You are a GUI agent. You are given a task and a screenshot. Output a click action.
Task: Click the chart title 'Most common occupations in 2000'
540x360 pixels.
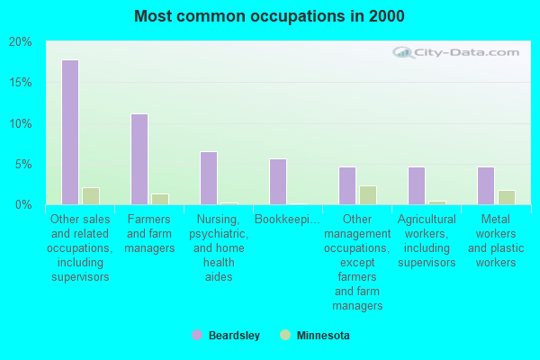(269, 16)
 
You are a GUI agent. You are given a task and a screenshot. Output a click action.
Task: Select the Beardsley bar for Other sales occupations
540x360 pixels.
(70, 132)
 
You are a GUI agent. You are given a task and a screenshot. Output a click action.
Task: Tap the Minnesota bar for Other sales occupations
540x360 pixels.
(91, 196)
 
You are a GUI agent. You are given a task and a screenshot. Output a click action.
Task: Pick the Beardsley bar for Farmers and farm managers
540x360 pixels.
(139, 159)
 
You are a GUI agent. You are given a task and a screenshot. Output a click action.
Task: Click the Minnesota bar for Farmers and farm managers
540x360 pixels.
(160, 199)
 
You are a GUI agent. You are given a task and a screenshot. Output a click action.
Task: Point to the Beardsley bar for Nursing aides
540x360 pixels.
(209, 178)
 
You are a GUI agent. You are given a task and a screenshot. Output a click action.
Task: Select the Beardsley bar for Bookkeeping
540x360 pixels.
(278, 182)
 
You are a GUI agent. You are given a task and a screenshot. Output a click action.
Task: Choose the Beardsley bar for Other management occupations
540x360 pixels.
(347, 185)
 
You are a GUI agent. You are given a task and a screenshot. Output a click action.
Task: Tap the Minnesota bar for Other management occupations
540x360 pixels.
(368, 195)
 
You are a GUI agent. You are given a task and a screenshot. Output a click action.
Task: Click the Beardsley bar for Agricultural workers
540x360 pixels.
(417, 185)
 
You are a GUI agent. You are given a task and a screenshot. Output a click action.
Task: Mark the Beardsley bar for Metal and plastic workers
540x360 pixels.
(486, 185)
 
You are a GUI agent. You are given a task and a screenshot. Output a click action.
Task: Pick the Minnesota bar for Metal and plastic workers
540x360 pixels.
(507, 197)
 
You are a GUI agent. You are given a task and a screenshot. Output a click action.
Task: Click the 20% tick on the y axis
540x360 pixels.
(20, 42)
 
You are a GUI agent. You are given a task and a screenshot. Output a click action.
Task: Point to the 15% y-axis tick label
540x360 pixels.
(20, 83)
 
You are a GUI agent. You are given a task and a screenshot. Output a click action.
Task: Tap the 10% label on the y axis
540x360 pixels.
(20, 123)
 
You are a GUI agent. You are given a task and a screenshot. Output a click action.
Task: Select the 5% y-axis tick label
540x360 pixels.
(23, 165)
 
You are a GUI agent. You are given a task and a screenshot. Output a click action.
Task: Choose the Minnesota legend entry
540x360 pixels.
(321, 336)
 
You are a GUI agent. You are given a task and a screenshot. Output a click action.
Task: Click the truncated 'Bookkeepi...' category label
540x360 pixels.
(284, 219)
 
